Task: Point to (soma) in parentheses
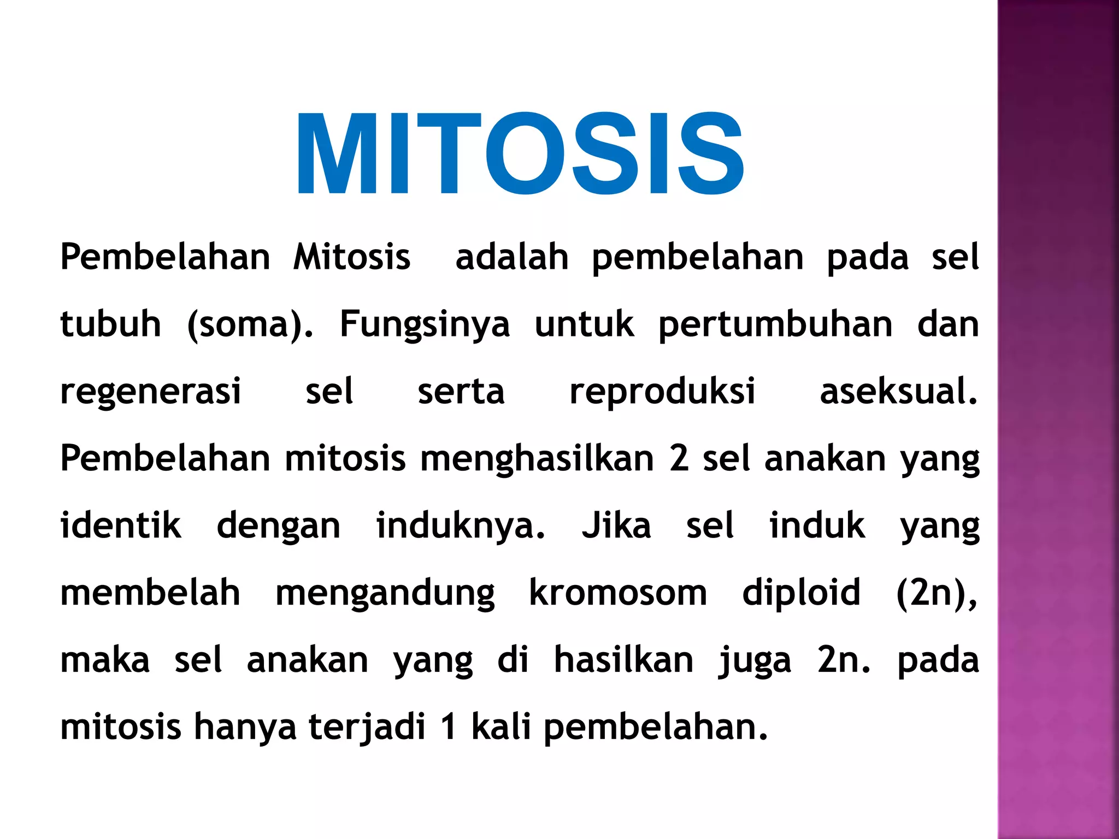250,324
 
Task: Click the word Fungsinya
425,324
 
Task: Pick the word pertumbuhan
775,324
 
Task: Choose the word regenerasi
150,392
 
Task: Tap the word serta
461,392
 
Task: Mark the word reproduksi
662,392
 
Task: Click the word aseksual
898,391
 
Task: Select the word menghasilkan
537,459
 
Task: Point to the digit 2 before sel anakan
679,459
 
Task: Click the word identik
121,525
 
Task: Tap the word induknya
460,527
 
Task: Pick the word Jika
616,525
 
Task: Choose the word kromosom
618,593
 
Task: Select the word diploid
801,594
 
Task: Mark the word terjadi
367,728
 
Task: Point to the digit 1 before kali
449,728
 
